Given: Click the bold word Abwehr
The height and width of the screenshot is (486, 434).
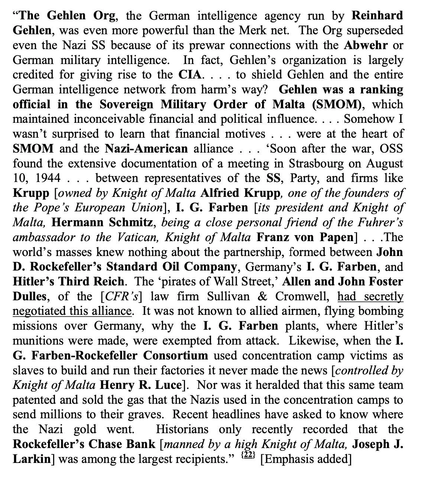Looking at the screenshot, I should coord(366,45).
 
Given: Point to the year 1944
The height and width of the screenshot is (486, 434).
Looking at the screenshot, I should coord(48,178).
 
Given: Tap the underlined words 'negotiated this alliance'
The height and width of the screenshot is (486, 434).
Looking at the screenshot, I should coord(72,311).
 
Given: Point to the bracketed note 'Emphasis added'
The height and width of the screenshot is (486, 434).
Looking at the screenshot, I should coord(305,459).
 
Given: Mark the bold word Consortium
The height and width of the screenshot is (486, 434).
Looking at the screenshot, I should coord(176,355).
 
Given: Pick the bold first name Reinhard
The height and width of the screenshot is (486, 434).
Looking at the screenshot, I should coord(377,16).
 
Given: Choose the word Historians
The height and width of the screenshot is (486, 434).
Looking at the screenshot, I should coord(182,429).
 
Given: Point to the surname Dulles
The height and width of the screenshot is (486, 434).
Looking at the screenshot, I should coord(30,296).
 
